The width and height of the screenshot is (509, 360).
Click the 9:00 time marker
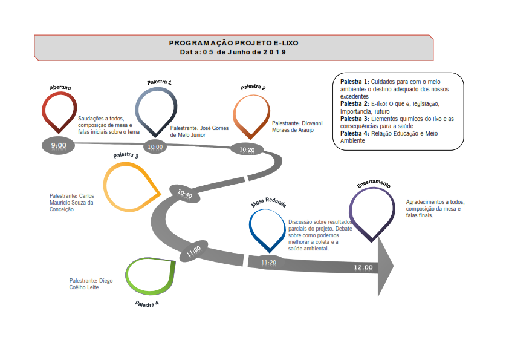(x=59, y=146)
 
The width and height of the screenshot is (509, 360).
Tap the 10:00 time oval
(x=155, y=147)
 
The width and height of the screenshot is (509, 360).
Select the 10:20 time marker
(x=247, y=149)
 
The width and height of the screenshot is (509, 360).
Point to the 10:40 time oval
(x=185, y=194)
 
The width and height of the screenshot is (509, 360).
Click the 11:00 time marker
(x=194, y=251)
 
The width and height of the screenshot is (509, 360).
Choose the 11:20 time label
(x=269, y=263)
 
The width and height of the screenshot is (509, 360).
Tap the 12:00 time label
(x=363, y=267)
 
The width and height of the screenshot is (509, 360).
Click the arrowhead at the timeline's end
(x=386, y=266)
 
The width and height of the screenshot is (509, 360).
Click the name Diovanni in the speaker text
(x=312, y=123)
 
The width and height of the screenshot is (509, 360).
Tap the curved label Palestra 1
(x=159, y=82)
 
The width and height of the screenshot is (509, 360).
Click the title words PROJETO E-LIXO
(x=267, y=43)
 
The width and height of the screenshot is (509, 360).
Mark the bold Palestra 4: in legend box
(x=355, y=134)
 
